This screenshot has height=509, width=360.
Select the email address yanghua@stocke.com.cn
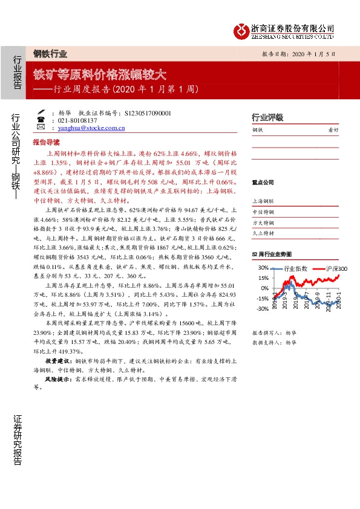[x=92, y=128]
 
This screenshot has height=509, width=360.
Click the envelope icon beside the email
[x=41, y=128]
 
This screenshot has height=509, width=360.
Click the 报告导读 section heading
[x=46, y=143]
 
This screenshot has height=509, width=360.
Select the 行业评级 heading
[x=267, y=117]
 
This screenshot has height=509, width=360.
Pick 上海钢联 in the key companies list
[x=263, y=201]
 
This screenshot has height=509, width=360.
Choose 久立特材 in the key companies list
[x=263, y=233]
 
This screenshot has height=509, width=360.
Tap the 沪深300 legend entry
[x=336, y=268]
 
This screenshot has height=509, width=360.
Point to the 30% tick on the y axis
[x=263, y=268]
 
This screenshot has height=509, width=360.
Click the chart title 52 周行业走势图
[x=272, y=254]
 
